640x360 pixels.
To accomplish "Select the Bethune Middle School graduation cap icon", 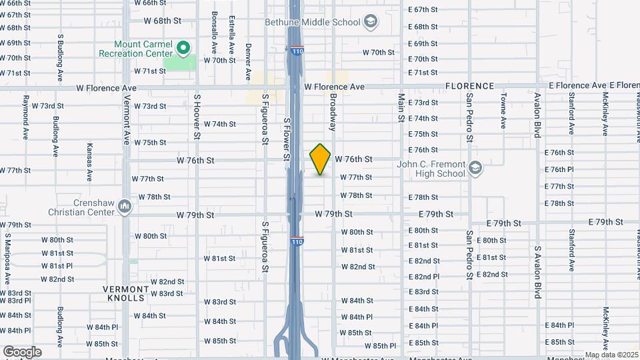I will pyautogui.click(x=369, y=23).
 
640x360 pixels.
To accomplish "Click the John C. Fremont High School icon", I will pyautogui.click(x=475, y=167).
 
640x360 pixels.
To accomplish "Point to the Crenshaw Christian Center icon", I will pyautogui.click(x=125, y=207).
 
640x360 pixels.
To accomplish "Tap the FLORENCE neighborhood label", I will pyautogui.click(x=469, y=86).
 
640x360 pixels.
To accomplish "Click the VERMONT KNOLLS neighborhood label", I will pyautogui.click(x=125, y=293).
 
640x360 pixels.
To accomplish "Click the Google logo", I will pyautogui.click(x=22, y=351).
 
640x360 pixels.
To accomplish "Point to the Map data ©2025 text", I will pyautogui.click(x=611, y=355).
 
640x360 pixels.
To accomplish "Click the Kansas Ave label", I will pyautogui.click(x=89, y=161).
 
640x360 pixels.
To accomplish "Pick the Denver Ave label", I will pyautogui.click(x=248, y=62).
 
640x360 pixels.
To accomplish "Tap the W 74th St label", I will pyautogui.click(x=220, y=124).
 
